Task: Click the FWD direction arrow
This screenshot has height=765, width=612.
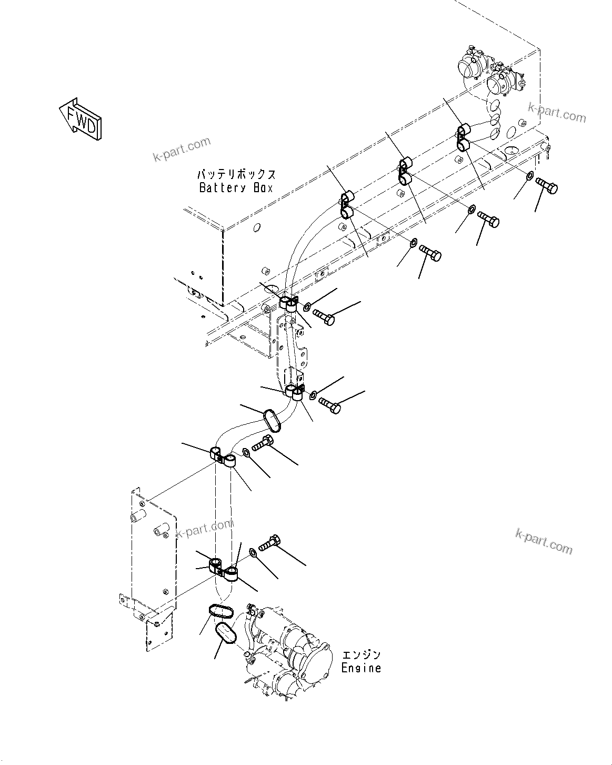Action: [x=81, y=119]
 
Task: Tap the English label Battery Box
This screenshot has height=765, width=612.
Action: [x=236, y=188]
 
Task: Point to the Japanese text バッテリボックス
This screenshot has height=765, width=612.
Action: [x=236, y=174]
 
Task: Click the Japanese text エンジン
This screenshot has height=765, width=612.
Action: [x=361, y=655]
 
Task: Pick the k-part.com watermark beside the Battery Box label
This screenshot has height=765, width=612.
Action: [x=182, y=150]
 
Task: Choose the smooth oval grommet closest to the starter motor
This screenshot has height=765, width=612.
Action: [x=226, y=633]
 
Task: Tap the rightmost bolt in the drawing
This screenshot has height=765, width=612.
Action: [x=547, y=185]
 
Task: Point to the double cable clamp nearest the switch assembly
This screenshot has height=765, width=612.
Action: [x=463, y=137]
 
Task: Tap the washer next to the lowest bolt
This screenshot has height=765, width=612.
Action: [x=253, y=552]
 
